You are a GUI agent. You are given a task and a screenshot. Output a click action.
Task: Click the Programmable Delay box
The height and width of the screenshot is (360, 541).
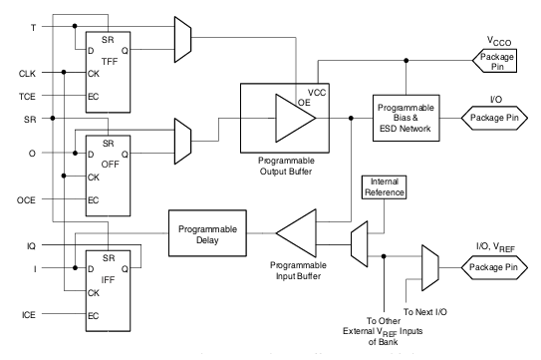click(206, 232)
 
